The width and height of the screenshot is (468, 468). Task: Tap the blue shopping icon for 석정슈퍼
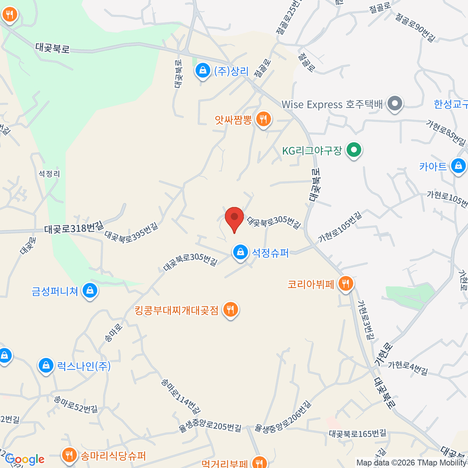[241, 252]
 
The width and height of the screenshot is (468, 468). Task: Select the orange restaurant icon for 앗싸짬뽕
[263, 119]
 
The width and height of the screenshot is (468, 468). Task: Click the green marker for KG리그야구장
[354, 150]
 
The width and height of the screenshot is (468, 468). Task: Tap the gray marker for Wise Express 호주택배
[395, 104]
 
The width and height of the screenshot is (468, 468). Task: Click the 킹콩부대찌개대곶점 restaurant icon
[230, 310]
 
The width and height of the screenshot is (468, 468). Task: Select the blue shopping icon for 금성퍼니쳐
[90, 291]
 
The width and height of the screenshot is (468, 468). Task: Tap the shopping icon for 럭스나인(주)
[46, 366]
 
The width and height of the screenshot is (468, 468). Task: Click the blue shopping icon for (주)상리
[202, 71]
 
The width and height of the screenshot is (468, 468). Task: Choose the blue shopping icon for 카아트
[458, 166]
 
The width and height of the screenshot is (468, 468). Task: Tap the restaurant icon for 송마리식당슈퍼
[69, 455]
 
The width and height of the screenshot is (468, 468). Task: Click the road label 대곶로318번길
[74, 228]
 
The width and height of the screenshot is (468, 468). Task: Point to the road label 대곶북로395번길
[131, 233]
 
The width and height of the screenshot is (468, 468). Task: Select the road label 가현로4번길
[408, 368]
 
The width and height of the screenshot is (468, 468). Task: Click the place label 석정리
[49, 174]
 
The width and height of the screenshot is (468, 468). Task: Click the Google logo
[25, 459]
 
